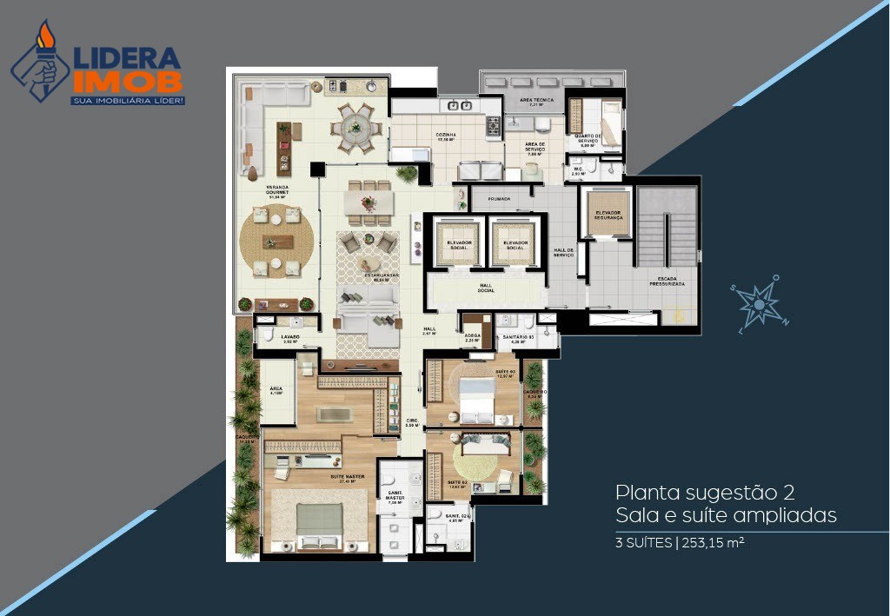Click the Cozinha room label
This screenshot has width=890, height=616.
click(x=446, y=136)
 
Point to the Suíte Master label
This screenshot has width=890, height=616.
click(x=322, y=477)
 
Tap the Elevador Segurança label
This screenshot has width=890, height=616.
click(x=606, y=215)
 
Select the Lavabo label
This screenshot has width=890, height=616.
click(x=289, y=338)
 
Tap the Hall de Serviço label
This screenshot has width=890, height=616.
click(x=564, y=253)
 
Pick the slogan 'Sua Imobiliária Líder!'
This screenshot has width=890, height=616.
click(x=127, y=101)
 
